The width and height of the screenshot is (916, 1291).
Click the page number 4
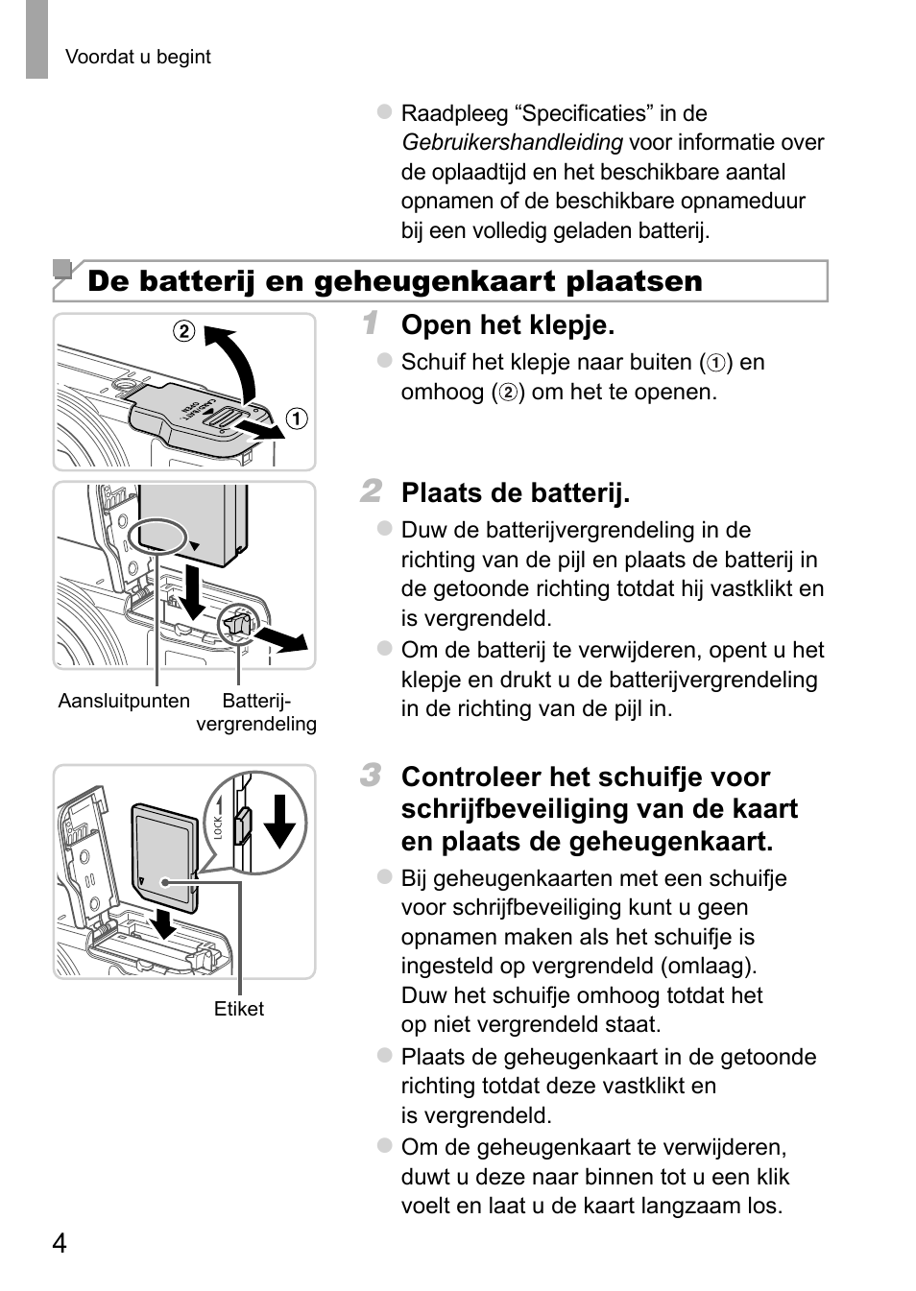[x=60, y=1243]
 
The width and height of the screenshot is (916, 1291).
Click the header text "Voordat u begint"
[x=137, y=57]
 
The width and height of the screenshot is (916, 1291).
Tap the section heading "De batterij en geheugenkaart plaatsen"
[x=395, y=281]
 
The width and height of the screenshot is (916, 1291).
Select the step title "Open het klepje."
[x=507, y=325]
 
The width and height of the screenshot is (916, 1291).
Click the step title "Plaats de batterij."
[x=515, y=493]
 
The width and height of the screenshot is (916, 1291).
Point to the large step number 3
[x=371, y=775]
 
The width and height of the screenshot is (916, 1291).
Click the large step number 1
[x=371, y=323]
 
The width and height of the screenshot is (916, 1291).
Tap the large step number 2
[x=371, y=491]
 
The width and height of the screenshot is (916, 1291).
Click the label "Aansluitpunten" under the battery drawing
[x=124, y=701]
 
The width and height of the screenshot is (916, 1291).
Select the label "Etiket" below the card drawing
[x=238, y=1009]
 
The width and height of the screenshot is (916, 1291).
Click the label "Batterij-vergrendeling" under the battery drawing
[x=256, y=712]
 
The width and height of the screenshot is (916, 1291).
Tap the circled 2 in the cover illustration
[x=183, y=332]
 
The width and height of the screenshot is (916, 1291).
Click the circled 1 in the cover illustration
[x=298, y=418]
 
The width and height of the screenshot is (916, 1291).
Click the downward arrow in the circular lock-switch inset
[x=279, y=820]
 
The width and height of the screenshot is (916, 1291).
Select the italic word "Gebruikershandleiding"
[x=512, y=143]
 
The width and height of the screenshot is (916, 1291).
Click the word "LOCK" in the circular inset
[x=219, y=826]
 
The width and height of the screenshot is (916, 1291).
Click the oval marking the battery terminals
[x=157, y=536]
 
